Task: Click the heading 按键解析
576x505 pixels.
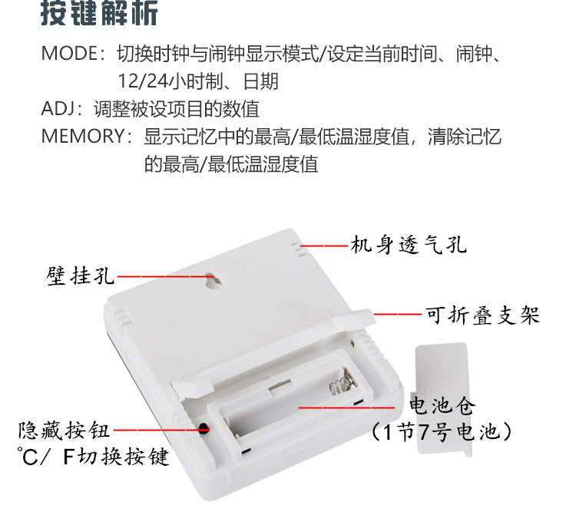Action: pos(99,13)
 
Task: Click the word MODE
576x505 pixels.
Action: pos(69,54)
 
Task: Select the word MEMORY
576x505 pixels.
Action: pos(84,136)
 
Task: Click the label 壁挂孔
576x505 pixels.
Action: pos(81,276)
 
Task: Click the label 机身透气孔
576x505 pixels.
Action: pos(409,244)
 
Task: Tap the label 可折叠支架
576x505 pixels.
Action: pos(482,315)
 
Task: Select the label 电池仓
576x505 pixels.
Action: pos(442,406)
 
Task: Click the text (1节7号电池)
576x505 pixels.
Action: pos(442,431)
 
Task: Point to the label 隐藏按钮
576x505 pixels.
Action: pos(65,430)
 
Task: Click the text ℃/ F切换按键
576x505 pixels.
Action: pos(93,456)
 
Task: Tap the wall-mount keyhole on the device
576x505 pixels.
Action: pos(213,280)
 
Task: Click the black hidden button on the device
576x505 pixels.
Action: pos(204,428)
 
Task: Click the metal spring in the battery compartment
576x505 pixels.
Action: pos(343,381)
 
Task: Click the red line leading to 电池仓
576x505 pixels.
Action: pos(346,408)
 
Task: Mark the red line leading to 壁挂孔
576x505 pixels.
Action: pos(165,276)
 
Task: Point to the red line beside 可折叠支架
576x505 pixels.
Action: pos(398,314)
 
